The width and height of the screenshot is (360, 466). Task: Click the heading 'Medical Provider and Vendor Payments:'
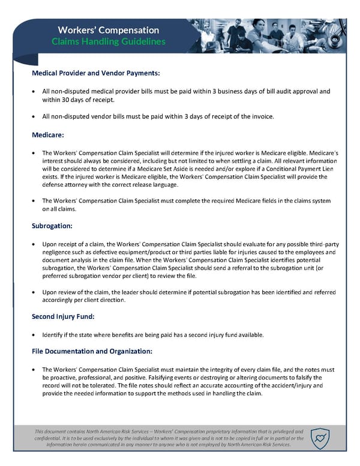point(95,73)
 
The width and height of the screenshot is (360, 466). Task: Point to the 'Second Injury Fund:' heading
point(64,316)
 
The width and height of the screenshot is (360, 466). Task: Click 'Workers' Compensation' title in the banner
point(109,30)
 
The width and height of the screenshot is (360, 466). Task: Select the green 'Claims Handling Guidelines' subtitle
point(109,42)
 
